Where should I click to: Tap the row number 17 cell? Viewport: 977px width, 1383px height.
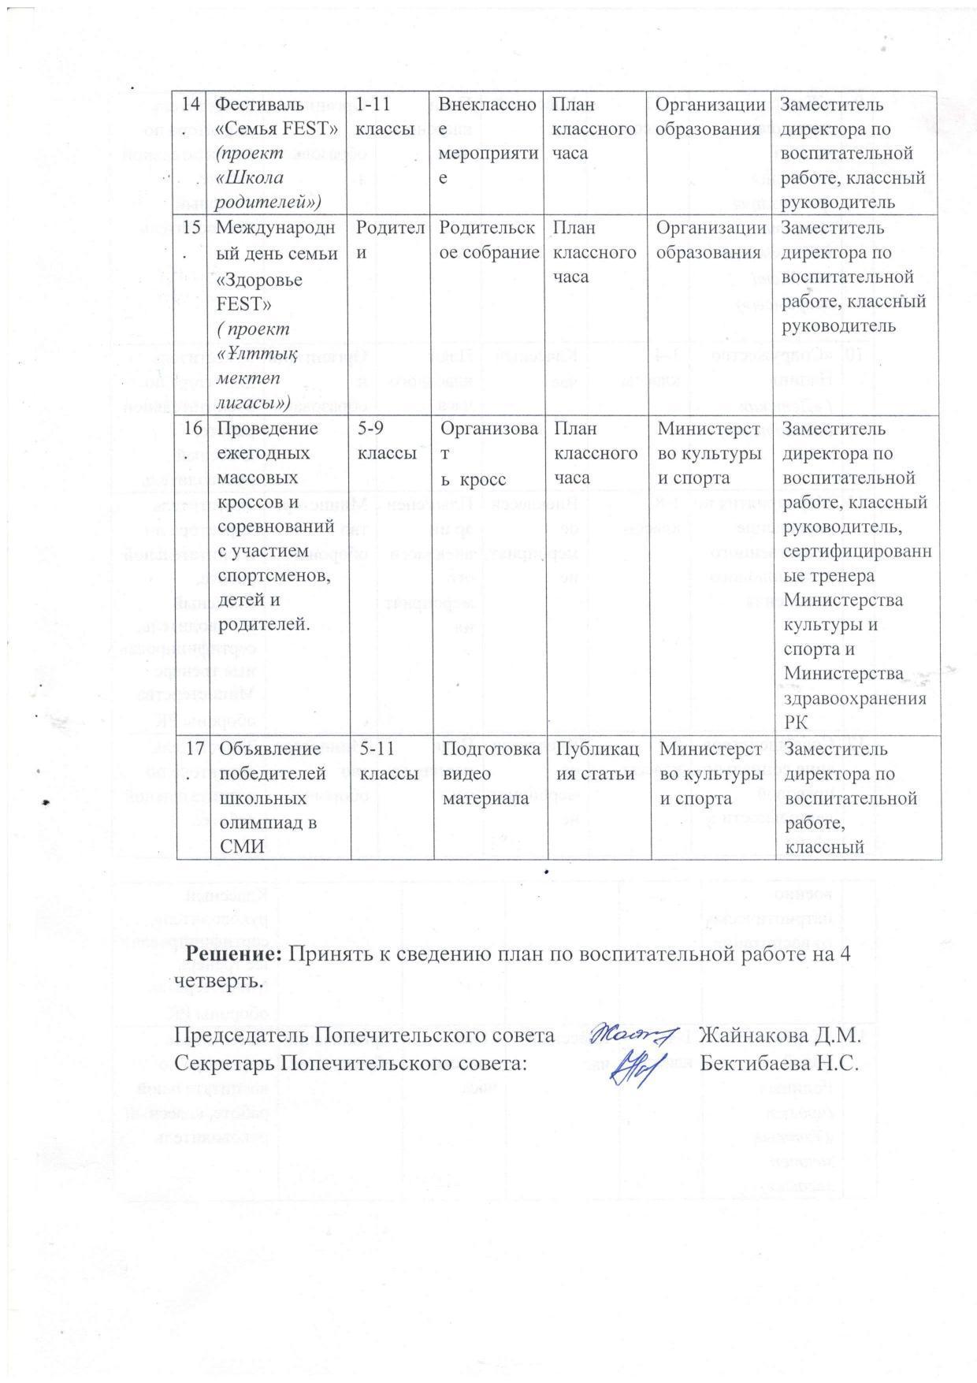189,749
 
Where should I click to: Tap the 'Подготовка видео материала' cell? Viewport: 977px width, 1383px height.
489,773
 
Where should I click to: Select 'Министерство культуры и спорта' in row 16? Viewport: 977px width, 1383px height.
711,453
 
